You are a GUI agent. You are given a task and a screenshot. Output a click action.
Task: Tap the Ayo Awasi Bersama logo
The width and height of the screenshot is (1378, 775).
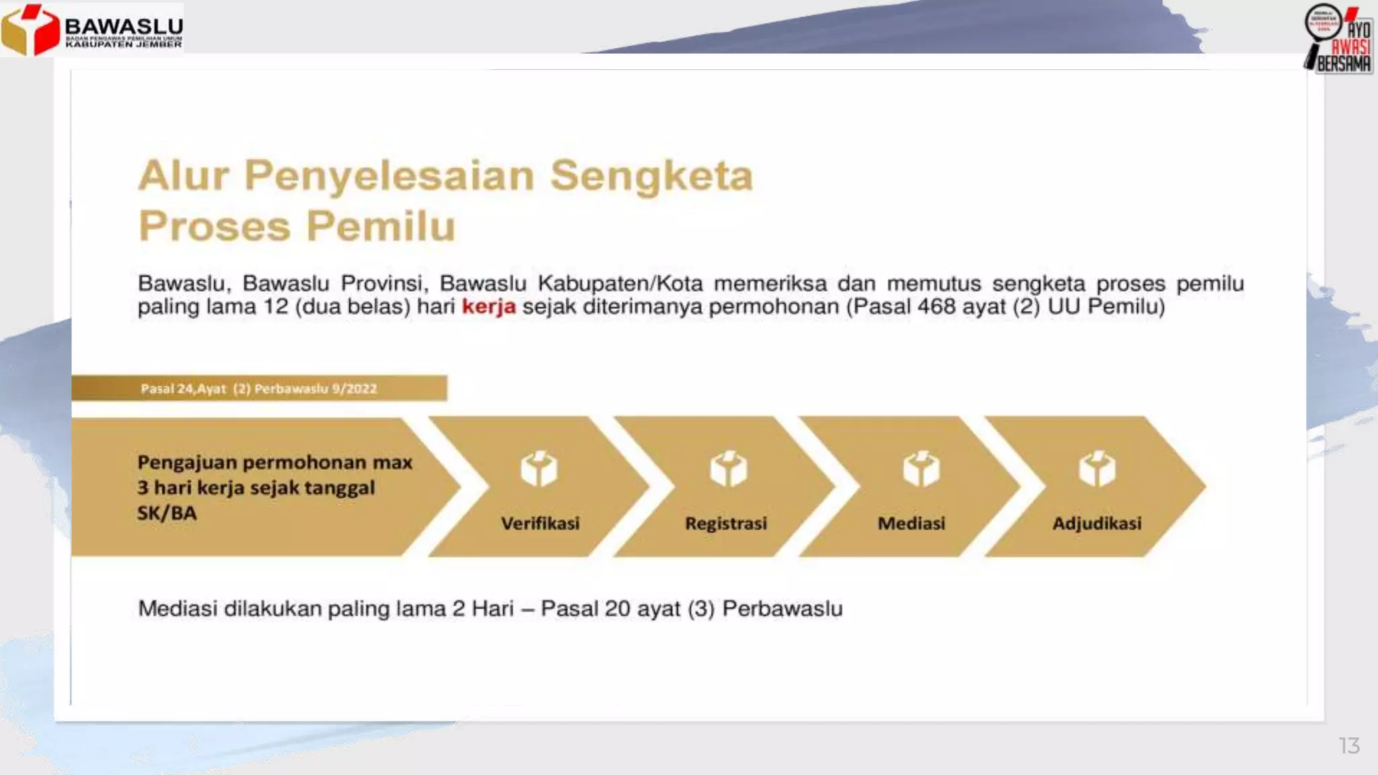click(1339, 38)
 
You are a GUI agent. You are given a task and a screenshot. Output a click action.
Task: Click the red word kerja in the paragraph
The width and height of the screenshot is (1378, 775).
click(488, 307)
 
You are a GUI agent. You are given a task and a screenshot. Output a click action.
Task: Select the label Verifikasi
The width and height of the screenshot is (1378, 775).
click(540, 523)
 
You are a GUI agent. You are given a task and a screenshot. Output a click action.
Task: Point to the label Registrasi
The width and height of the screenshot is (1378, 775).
click(725, 523)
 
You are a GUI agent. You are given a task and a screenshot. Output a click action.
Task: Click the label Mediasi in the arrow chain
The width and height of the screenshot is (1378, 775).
click(911, 523)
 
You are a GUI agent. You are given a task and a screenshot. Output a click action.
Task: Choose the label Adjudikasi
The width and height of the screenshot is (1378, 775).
click(1097, 523)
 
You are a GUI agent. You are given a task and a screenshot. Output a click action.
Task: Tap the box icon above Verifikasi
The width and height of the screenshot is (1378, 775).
click(539, 469)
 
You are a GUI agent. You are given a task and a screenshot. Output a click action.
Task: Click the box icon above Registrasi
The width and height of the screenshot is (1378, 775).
click(728, 469)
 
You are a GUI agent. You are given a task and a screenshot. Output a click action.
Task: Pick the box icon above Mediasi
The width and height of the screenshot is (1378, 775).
click(921, 469)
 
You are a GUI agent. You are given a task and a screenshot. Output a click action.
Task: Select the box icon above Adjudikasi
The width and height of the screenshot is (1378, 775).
click(1097, 469)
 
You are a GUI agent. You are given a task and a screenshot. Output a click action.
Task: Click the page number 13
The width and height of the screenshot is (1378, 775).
click(1348, 745)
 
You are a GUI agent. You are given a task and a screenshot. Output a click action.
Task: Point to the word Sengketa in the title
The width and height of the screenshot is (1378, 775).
click(651, 176)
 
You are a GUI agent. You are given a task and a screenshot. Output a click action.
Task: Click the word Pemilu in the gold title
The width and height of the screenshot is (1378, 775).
click(381, 226)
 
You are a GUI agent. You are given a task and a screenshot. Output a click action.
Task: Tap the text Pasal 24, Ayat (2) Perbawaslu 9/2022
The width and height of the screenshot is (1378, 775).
click(258, 389)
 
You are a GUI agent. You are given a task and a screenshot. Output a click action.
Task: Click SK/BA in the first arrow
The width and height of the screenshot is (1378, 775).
click(167, 513)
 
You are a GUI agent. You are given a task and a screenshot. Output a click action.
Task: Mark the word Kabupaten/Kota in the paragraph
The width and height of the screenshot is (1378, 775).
click(620, 283)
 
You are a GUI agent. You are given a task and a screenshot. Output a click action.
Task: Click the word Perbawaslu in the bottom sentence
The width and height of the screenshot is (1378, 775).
click(782, 609)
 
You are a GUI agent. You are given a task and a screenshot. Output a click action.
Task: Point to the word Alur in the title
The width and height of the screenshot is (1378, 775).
click(183, 176)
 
